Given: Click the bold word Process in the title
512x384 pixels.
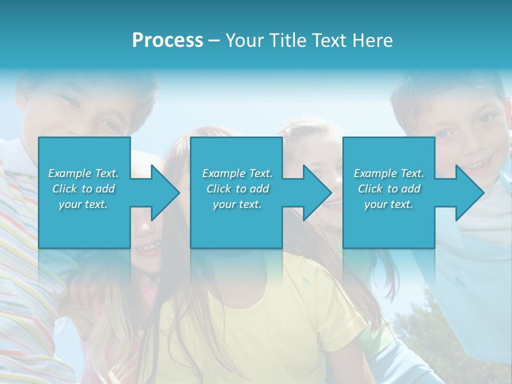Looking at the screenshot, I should coord(167,41).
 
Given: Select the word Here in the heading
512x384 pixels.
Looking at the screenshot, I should coord(373,41).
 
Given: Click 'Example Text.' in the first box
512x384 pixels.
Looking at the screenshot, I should coord(84,173).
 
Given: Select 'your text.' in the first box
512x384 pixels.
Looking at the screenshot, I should coord(84,204).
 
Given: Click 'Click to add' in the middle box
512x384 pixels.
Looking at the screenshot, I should coord(237,189).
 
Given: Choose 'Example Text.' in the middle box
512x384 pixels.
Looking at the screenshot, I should coord(237,173).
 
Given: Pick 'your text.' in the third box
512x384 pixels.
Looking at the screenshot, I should coord(389,204).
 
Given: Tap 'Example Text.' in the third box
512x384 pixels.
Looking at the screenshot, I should coord(389,173).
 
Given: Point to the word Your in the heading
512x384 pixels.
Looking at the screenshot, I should coord(243,41).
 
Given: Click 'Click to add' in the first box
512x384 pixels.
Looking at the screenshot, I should coord(84,189).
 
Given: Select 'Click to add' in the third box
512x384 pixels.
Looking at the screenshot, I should coord(389,189).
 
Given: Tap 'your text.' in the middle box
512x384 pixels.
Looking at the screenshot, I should coord(237,204).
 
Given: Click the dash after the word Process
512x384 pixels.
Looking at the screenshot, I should coord(214,41).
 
